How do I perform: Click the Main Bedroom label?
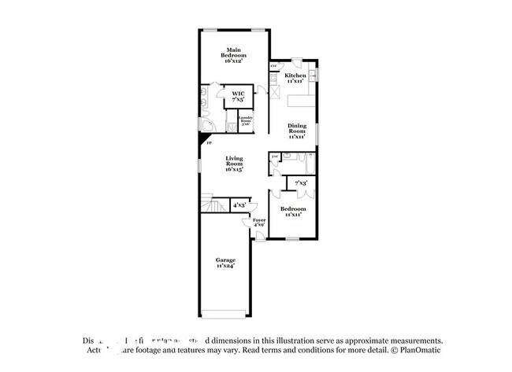(x=232, y=55)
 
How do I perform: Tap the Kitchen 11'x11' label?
(x=295, y=78)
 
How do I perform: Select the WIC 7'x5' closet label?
(x=237, y=97)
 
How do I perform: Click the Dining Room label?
(x=296, y=131)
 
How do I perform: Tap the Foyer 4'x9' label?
(x=258, y=223)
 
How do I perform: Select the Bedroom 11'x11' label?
(x=294, y=211)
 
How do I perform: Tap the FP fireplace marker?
(x=208, y=144)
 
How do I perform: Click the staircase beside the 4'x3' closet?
(x=210, y=205)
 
